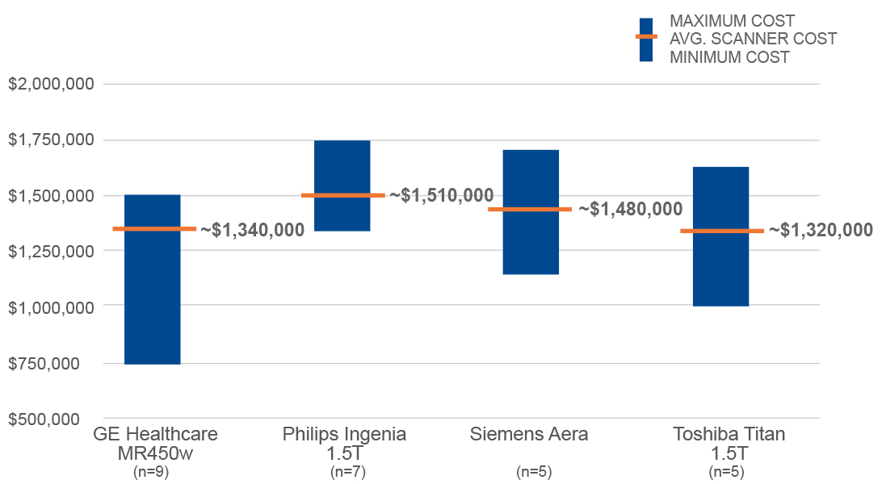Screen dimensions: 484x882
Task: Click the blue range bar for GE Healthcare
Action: point(153,307)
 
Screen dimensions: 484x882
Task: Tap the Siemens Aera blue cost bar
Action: point(531,242)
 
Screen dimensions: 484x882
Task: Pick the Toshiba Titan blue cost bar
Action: point(720,266)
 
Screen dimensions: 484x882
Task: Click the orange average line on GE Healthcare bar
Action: point(153,229)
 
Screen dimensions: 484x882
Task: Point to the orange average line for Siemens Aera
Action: point(530,209)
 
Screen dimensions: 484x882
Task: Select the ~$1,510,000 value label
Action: point(442,195)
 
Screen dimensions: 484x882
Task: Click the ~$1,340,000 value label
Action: point(253,230)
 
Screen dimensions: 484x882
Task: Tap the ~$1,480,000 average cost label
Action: point(630,209)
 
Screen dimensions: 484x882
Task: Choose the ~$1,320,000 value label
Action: point(821,230)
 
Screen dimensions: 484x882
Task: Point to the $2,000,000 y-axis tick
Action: point(52,84)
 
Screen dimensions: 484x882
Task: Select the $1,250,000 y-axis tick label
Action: point(52,251)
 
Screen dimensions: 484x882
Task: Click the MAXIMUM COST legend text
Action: point(732,21)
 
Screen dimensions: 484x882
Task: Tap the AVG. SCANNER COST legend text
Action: point(753,39)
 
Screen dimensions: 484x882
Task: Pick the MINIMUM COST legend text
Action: point(729,57)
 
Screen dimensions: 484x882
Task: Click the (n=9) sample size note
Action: point(152,472)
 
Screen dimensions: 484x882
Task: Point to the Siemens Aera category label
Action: point(529,434)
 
